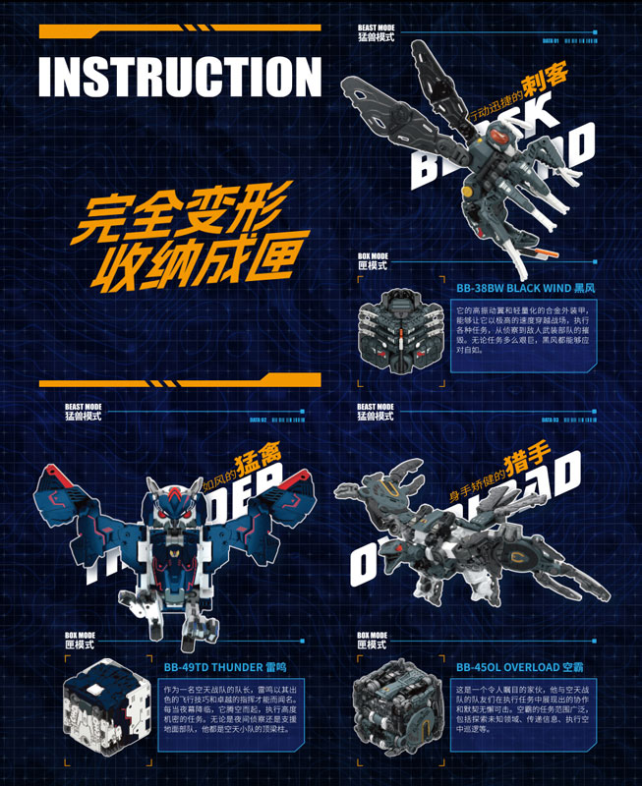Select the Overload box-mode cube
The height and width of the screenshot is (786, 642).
click(x=395, y=709)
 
